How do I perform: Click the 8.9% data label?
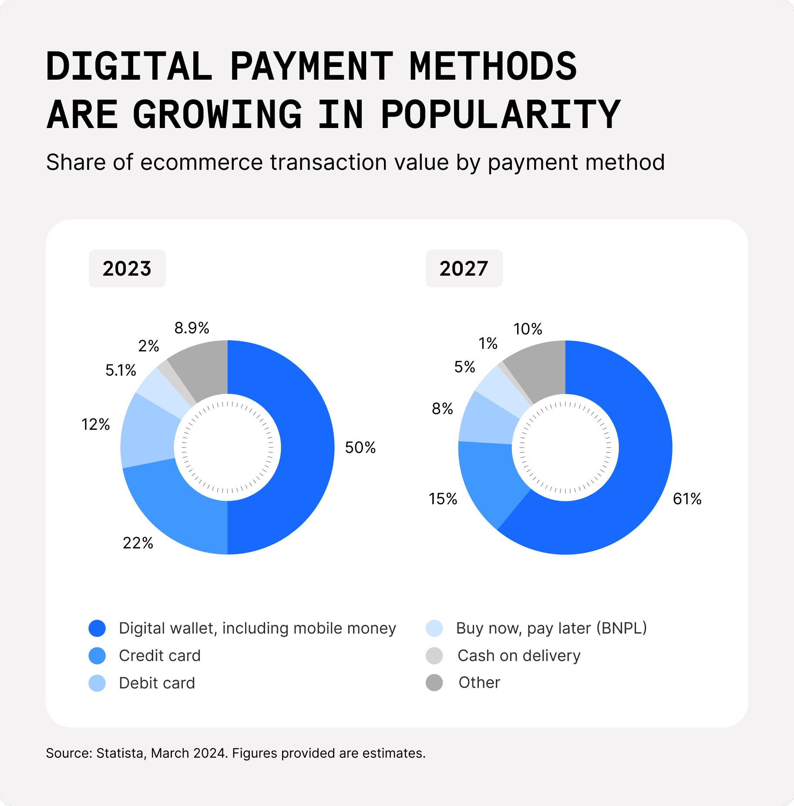point(192,328)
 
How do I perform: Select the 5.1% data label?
point(121,371)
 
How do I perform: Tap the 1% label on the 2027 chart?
point(488,344)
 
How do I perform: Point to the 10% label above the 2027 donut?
point(528,329)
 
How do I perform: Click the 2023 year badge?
point(127,268)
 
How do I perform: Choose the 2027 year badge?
point(464,268)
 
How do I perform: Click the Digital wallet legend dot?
point(97,628)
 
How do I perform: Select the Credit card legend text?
point(160,656)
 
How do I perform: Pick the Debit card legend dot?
point(97,683)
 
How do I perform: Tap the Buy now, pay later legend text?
point(552,628)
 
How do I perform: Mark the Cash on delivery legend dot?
point(434,656)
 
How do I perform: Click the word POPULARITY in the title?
point(501,115)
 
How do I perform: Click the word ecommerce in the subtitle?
point(202,162)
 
